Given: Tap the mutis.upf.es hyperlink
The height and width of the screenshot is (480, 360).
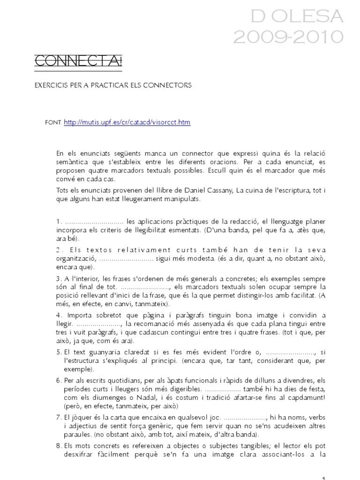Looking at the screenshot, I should click(x=127, y=122).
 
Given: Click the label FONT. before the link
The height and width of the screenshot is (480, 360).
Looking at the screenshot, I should click(x=52, y=123).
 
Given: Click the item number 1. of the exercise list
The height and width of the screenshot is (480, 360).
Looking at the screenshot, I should click(x=58, y=222).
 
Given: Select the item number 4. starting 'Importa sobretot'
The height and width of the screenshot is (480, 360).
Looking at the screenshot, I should click(x=58, y=302).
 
